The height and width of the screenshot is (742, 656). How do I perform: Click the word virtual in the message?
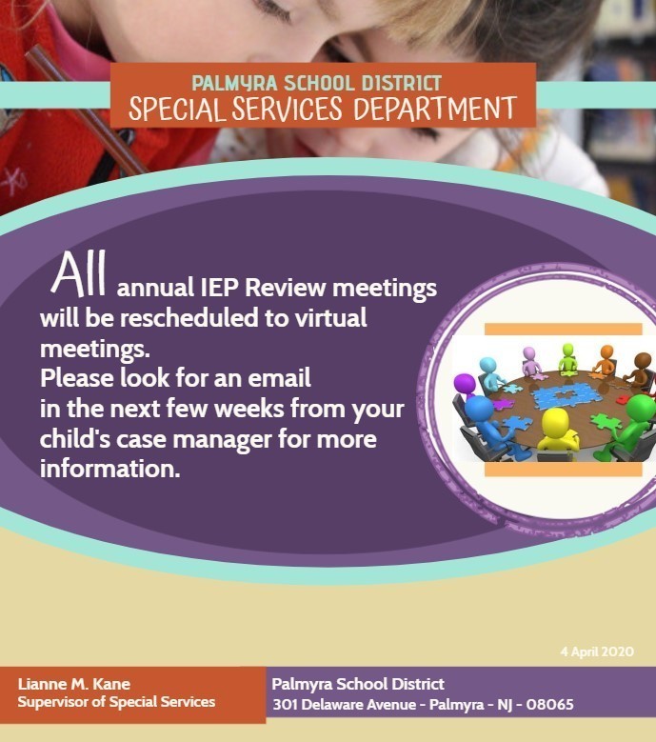[x=325, y=317]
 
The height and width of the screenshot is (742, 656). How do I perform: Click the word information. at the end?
[x=109, y=470]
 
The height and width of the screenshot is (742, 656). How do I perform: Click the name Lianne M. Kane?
[x=75, y=684]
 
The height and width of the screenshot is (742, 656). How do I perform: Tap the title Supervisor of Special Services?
[x=116, y=702]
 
